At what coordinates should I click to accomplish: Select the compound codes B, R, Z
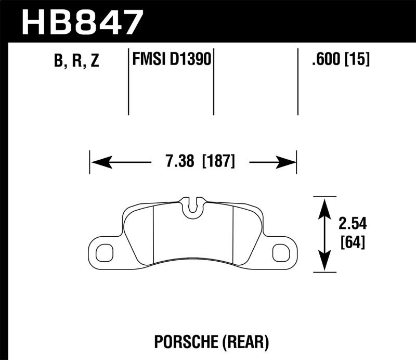click(76, 61)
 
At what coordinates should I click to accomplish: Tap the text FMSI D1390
click(171, 60)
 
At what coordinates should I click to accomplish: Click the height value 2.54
click(352, 224)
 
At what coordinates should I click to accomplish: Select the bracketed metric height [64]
click(352, 242)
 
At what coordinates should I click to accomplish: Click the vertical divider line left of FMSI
click(128, 82)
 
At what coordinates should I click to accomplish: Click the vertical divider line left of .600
click(297, 82)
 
